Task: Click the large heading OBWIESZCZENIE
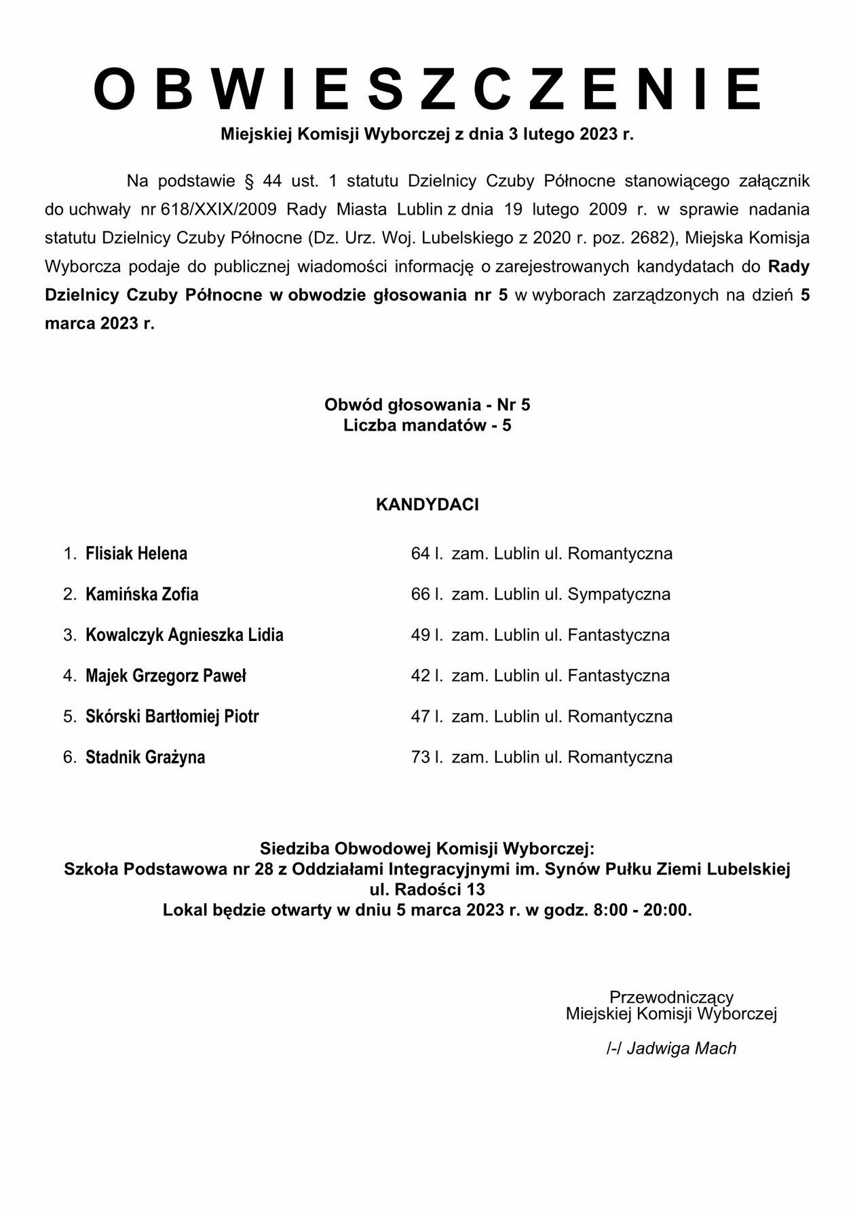pos(427,90)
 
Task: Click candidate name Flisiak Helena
pos(136,553)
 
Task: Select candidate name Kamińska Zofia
pos(142,594)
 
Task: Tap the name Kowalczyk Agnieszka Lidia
pos(185,635)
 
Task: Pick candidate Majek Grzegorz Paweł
pos(166,676)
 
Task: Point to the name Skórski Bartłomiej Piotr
pos(172,716)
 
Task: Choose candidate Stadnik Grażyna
pos(145,757)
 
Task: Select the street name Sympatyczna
pos(619,594)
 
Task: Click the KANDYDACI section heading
pos(427,505)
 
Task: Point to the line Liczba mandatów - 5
pos(427,426)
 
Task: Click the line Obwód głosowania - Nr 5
pos(427,405)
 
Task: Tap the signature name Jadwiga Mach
pos(681,1048)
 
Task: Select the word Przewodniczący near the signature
pos(671,997)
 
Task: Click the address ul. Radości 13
pos(427,890)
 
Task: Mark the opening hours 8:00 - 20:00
pos(641,910)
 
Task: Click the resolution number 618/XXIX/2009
pos(218,209)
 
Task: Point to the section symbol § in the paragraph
pos(248,181)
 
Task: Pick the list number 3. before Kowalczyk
pos(70,635)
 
